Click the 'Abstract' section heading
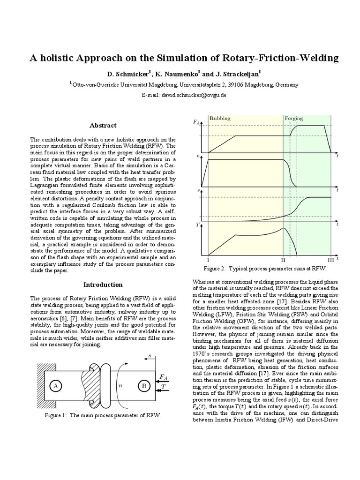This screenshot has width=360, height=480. pyautogui.click(x=103, y=126)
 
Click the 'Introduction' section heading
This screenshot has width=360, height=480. pyautogui.click(x=103, y=285)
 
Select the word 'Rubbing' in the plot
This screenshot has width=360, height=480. pyautogui.click(x=220, y=119)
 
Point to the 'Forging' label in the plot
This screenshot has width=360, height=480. pyautogui.click(x=294, y=119)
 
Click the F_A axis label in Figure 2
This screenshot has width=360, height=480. pyautogui.click(x=196, y=123)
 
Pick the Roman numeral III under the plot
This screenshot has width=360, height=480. pyautogui.click(x=330, y=259)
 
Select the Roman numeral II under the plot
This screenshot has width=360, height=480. pyautogui.click(x=283, y=259)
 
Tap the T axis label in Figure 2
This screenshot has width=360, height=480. pyautogui.click(x=197, y=225)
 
